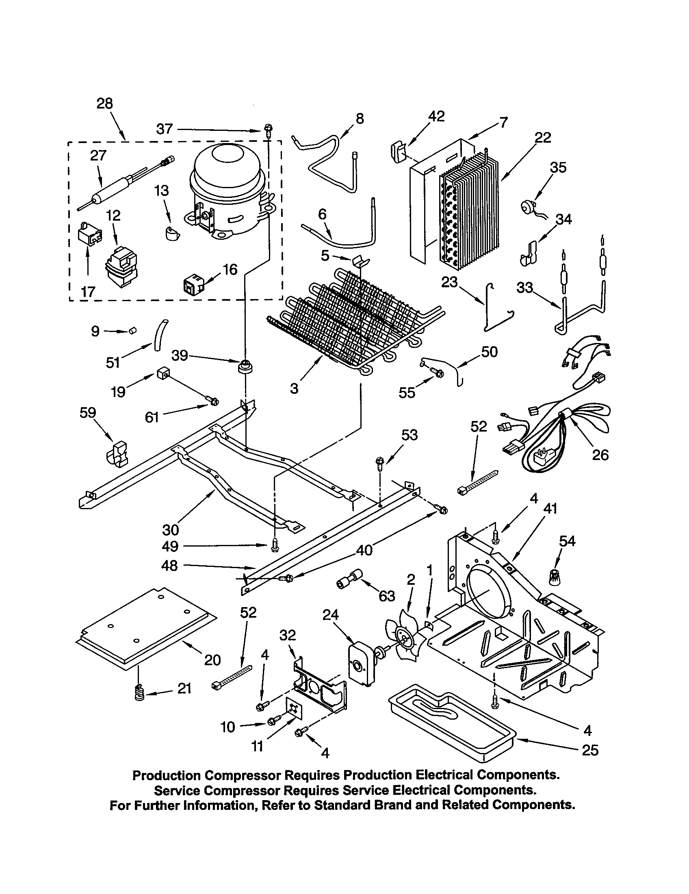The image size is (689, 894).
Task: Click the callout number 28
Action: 104,104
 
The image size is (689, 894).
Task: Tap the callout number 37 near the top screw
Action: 165,129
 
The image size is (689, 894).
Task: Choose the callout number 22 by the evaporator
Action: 542,137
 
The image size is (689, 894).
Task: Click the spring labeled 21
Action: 140,693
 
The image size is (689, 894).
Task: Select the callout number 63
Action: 387,596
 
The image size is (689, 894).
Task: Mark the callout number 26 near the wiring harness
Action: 600,455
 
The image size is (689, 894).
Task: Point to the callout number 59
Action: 88,412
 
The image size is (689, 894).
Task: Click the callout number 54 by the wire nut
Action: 567,541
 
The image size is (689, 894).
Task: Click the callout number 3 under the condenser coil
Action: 294,388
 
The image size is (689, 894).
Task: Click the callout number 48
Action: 169,566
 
